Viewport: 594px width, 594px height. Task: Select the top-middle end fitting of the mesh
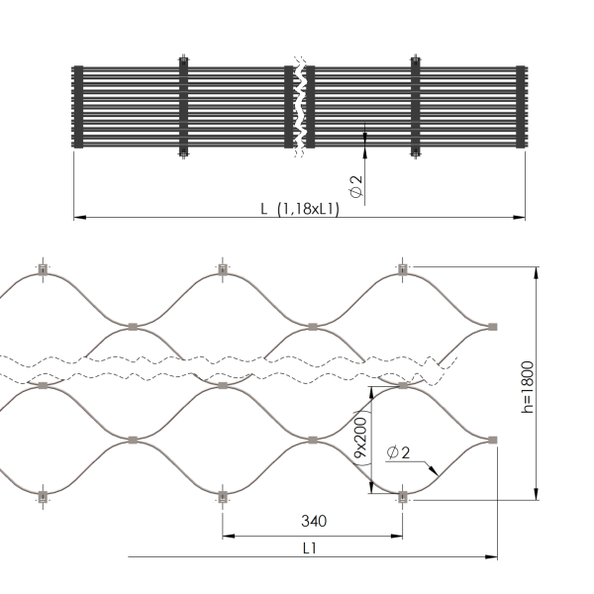coord(222,268)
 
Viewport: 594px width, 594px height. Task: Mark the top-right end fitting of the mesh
coord(402,268)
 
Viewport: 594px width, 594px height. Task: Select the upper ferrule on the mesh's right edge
coord(491,326)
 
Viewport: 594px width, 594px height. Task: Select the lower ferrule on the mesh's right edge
coord(491,439)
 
